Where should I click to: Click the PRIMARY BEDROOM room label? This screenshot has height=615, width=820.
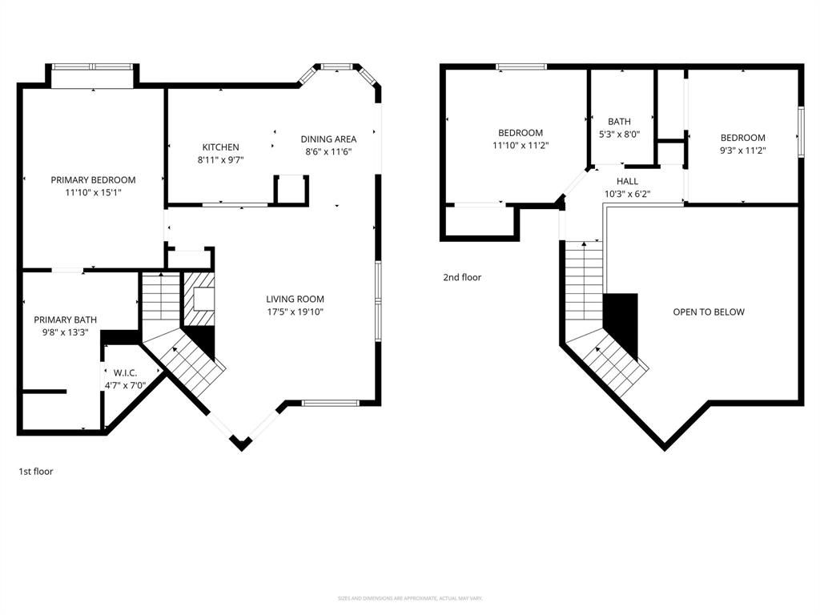tap(93, 180)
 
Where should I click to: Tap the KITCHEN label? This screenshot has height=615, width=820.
tap(220, 147)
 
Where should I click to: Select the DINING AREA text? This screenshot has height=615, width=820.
tap(328, 139)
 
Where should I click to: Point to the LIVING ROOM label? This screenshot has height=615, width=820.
tap(295, 299)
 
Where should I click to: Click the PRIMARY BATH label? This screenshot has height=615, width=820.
tap(60, 320)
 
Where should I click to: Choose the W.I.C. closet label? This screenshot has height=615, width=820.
tap(126, 372)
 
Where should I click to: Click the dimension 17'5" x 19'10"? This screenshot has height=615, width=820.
tap(295, 312)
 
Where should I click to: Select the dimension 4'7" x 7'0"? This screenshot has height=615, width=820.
tap(126, 385)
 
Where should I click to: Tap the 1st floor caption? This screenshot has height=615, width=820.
tap(36, 472)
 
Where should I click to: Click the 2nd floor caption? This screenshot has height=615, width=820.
tap(463, 278)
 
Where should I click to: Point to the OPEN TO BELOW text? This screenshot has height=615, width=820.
tap(708, 312)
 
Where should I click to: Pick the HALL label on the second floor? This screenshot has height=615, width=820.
tap(627, 182)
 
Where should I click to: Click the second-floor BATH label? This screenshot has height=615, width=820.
tap(619, 122)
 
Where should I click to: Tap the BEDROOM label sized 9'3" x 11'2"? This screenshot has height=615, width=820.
tap(742, 138)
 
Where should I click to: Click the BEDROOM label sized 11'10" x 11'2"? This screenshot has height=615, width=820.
tap(521, 133)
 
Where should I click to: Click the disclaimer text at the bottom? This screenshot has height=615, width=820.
tap(410, 598)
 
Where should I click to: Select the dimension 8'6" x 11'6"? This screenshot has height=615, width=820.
tap(328, 152)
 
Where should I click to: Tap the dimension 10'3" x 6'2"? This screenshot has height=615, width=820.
tap(627, 194)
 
